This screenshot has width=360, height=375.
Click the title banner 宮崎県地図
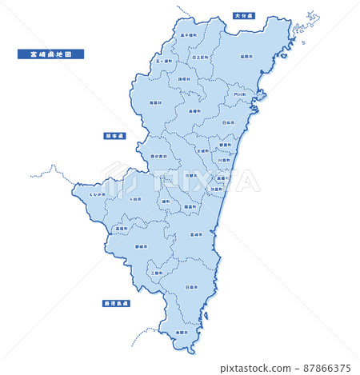pos(50,54)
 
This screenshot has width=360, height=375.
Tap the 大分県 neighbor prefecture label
pos(243,15)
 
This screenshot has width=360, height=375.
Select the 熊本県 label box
pos(114,136)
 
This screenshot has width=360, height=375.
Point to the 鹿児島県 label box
pos(116,304)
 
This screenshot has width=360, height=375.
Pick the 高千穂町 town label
pos(189,35)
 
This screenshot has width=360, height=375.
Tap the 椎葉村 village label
pos(155,102)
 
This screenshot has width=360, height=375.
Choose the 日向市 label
pos(228,122)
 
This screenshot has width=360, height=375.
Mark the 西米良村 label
pos(158,156)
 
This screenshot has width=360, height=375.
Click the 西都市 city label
pos(190,174)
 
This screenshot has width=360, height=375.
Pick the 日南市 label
pos(191,286)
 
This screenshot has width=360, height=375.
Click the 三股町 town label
pos(157,273)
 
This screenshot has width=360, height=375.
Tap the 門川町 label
pos(240,94)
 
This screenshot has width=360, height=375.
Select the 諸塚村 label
pos(184,79)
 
